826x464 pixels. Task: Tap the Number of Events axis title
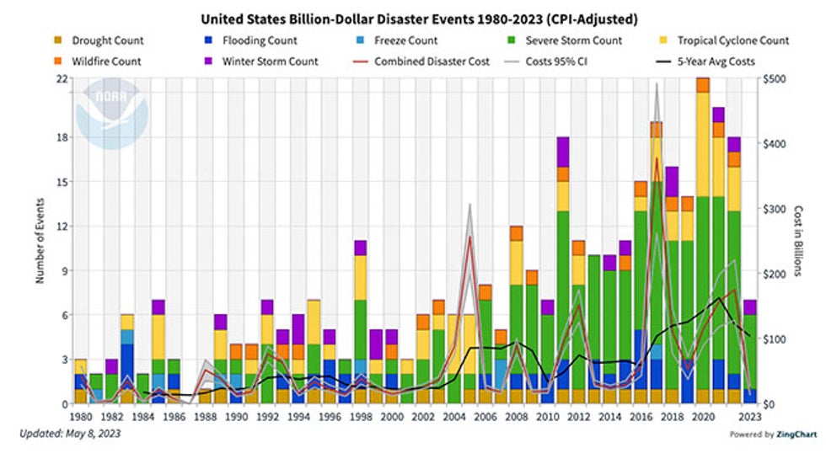click(40, 242)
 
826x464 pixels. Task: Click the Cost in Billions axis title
click(799, 242)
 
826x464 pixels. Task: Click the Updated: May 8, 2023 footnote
click(69, 435)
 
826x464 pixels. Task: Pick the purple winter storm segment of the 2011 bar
click(562, 152)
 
